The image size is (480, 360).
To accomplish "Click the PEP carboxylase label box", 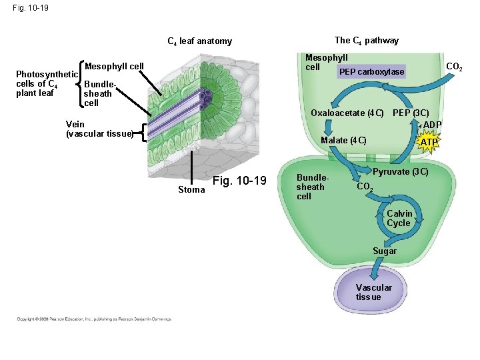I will tap(371, 71).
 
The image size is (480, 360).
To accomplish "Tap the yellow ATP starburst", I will tap(429, 142).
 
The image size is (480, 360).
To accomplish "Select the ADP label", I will tap(432, 125).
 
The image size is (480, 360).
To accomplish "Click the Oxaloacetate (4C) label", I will tap(347, 113).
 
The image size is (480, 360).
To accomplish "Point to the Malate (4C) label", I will tap(343, 140).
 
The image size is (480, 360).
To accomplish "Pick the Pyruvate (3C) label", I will tap(400, 172).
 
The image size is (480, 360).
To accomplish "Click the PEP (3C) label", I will tap(411, 113).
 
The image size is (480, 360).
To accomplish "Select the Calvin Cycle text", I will tap(399, 218).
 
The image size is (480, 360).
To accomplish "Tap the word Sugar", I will tap(385, 251).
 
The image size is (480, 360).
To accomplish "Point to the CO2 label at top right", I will tap(455, 67).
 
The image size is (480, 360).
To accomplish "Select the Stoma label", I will tap(191, 190).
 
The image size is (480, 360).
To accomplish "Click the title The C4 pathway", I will tap(367, 41).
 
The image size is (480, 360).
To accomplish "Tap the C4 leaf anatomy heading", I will tap(199, 41).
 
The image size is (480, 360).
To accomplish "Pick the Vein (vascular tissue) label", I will tap(99, 129).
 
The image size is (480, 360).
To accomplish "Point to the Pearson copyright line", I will tap(94, 319).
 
